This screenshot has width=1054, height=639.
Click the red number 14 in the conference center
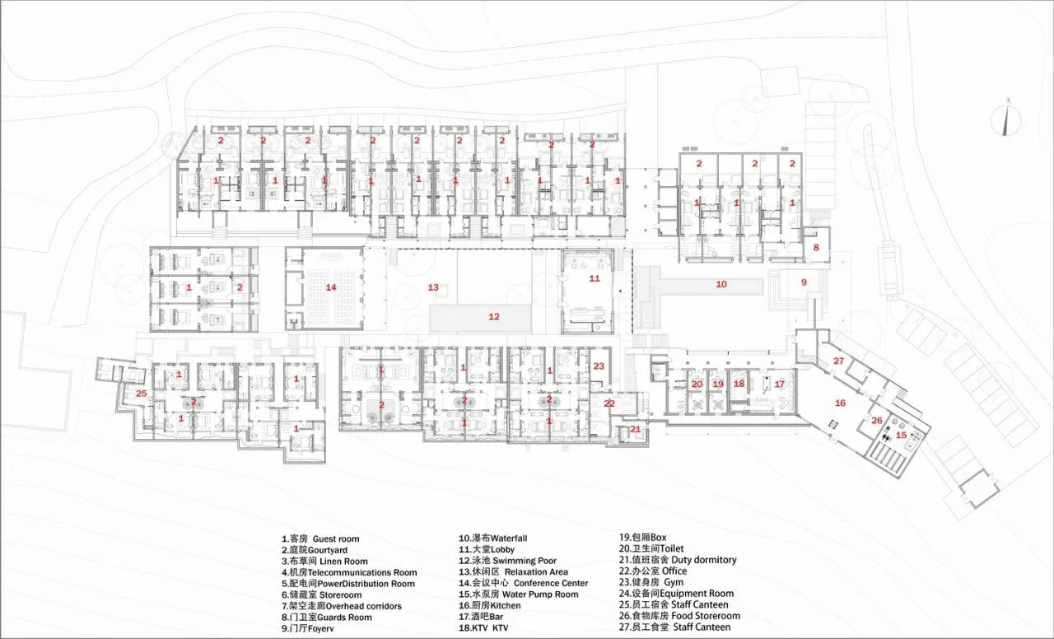pos(331,287)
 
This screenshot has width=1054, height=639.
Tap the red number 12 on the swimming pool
pos(493,317)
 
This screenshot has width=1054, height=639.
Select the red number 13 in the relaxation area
pos(433,287)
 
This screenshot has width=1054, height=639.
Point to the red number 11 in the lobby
pos(595,278)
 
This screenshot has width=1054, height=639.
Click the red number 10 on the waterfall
pos(721,284)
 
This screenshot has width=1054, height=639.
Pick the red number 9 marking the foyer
pos(804,282)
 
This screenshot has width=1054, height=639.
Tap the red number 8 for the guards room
pos(816,248)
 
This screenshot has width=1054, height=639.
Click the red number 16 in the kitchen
pos(840,403)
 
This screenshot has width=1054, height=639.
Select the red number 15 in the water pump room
pos(901,436)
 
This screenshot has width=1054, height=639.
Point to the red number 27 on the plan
pos(838,361)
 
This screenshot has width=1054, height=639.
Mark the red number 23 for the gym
pos(599,366)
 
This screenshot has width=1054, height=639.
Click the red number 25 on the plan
pos(141,394)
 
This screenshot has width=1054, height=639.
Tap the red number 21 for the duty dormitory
pos(635,429)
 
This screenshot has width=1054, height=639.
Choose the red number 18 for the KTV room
pos(739,384)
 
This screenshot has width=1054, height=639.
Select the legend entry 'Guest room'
pos(336,539)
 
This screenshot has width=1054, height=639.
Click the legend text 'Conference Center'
pos(551,583)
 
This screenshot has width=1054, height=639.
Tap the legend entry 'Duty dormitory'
pos(704,560)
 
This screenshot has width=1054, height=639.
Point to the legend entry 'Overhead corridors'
pos(363,606)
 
